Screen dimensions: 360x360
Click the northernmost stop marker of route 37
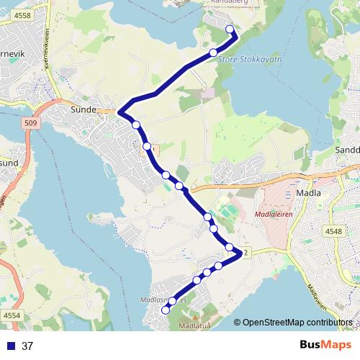point(230,30)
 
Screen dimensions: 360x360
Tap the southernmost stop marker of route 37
point(165,310)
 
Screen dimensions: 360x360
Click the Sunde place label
point(85,111)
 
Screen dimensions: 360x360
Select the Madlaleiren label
point(273,214)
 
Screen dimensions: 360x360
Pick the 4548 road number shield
point(334,231)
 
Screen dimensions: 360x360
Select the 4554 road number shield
point(12,315)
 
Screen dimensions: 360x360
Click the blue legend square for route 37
point(9,346)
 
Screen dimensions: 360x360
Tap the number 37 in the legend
point(27,346)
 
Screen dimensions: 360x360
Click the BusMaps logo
point(321,345)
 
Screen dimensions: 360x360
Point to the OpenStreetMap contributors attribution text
point(297,323)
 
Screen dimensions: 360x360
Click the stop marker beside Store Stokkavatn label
point(213,52)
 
